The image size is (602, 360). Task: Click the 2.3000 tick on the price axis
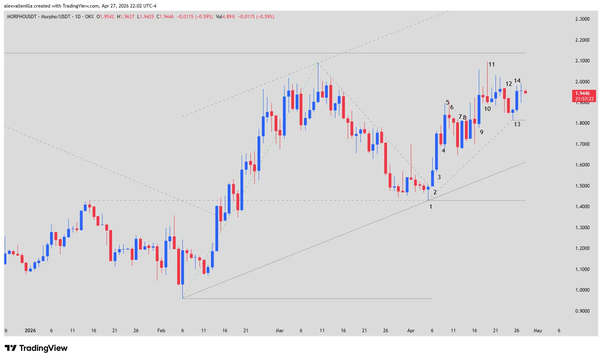pos(582,19)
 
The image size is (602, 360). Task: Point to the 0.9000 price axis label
pos(582,311)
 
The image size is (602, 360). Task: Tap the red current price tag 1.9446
pos(584,94)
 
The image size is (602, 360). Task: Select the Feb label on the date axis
pos(161,331)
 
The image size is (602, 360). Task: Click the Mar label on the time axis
pos(280,331)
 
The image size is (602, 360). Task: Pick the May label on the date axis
pos(538,331)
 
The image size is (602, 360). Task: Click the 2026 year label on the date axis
pos(30,331)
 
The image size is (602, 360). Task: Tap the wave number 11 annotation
pos(492,64)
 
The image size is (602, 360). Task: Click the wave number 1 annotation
pos(430,207)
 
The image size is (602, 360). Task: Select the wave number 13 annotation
pos(517,124)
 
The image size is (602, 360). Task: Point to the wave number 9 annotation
pos(482,132)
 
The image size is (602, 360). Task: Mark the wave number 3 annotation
pos(439,177)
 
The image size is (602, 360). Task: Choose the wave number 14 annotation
pos(517,81)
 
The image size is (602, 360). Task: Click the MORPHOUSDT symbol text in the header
pos(21,17)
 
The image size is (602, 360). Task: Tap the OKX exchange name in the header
pos(89,17)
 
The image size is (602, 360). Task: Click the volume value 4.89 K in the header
pos(228,17)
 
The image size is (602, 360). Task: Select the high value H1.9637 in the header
pos(126,17)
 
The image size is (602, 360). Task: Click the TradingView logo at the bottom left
pos(36,348)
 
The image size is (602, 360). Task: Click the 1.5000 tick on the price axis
pos(582,186)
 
